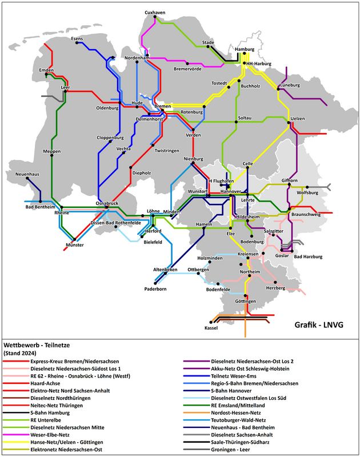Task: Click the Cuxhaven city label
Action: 154,12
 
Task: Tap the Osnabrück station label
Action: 107,203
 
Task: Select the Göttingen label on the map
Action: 245,301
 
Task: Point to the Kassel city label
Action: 211,328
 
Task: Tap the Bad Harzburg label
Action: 308,256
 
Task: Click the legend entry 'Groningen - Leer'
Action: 234,449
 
